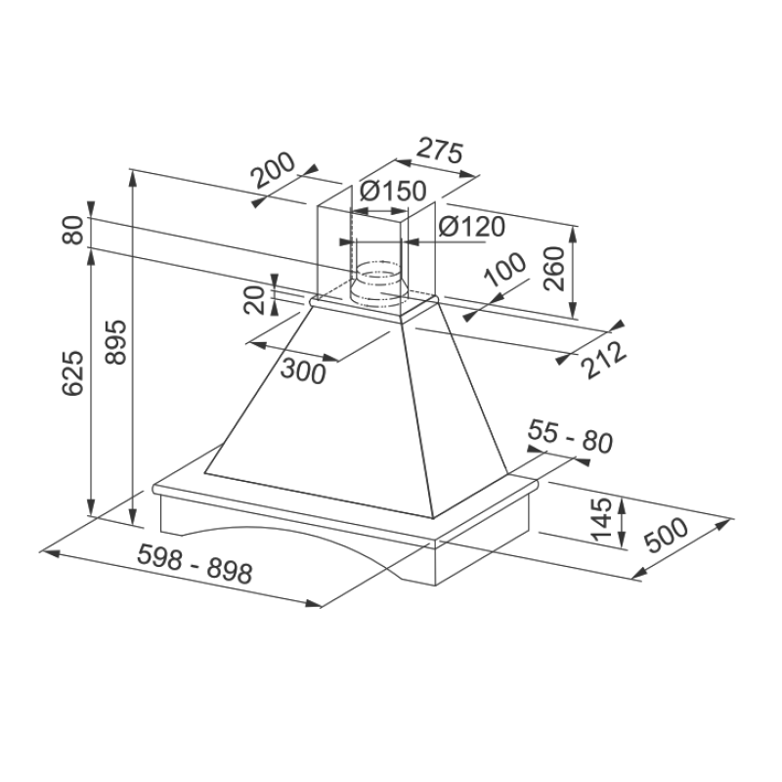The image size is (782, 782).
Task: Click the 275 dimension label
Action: coord(440,151)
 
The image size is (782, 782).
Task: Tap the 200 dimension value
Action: coord(273,170)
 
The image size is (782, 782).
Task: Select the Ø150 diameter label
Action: coord(393,191)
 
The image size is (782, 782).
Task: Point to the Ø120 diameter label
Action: coord(472,227)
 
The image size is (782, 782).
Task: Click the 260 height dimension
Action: coord(554,268)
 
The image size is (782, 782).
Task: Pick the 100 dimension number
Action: coord(505,270)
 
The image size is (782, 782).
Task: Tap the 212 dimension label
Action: coord(604,359)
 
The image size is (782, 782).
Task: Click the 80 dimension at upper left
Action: coord(73,230)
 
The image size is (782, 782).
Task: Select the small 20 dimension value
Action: coord(254,300)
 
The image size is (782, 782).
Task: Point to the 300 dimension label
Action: coord(303,371)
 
